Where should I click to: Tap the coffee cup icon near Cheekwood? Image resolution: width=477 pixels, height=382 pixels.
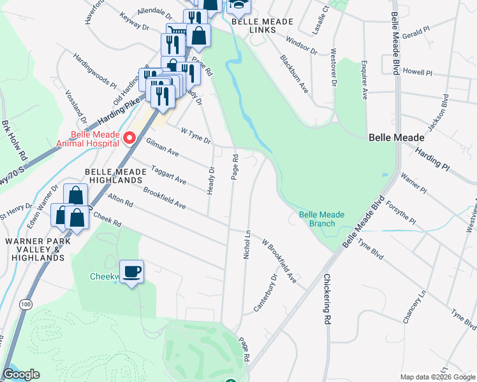click(132, 272)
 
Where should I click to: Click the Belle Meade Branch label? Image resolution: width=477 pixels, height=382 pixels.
click(321, 219)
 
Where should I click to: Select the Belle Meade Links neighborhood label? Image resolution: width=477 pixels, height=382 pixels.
click(262, 25)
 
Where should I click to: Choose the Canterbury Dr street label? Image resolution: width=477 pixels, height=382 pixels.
click(265, 292)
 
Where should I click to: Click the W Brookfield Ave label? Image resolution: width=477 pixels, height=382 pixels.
click(281, 261)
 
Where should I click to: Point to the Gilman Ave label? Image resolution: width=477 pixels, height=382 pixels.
click(162, 148)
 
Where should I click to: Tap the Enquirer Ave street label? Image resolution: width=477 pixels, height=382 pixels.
click(364, 80)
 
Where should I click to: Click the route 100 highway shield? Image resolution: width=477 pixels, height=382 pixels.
click(26, 305)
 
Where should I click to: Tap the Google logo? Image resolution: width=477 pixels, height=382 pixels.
click(21, 374)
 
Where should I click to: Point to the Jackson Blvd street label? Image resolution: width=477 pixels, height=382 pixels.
click(439, 113)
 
